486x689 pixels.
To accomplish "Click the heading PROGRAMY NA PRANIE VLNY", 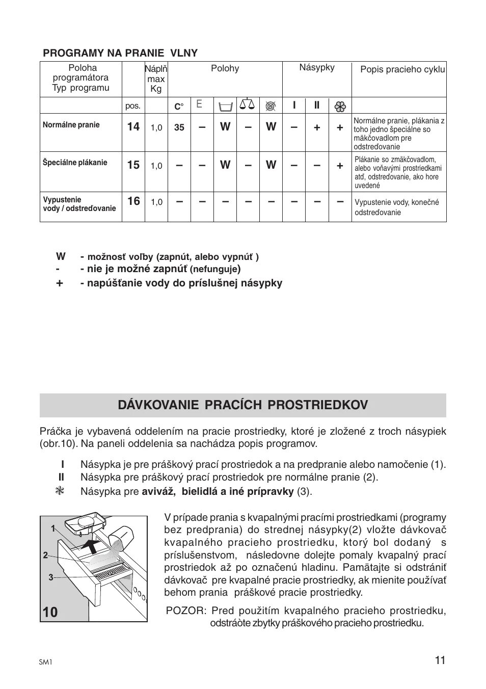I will tap(120, 53).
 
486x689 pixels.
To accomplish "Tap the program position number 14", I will tap(133, 127).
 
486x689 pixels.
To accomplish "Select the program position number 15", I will tap(133, 165).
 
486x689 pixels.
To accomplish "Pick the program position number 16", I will tap(133, 201).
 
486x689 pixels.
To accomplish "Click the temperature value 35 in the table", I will tap(179, 127).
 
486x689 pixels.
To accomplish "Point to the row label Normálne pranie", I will tap(71, 125).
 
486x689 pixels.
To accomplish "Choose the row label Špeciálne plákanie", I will tap(75, 163).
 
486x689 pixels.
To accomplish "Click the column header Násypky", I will tap(317, 67).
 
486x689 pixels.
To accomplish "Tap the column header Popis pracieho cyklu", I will tap(402, 69).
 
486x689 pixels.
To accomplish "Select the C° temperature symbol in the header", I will tap(179, 107).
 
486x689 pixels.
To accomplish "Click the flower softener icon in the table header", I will tap(340, 107).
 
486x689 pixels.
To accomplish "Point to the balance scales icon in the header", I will tap(247, 105).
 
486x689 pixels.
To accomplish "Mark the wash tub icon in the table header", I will tap(225, 106).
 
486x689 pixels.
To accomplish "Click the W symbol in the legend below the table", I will tap(61, 256).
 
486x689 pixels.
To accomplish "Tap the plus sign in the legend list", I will tap(60, 283).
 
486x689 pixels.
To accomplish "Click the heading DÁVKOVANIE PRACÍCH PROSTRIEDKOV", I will tap(242, 405).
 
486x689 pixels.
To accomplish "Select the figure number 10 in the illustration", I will tap(50, 612).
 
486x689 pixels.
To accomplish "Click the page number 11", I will tap(440, 660).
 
